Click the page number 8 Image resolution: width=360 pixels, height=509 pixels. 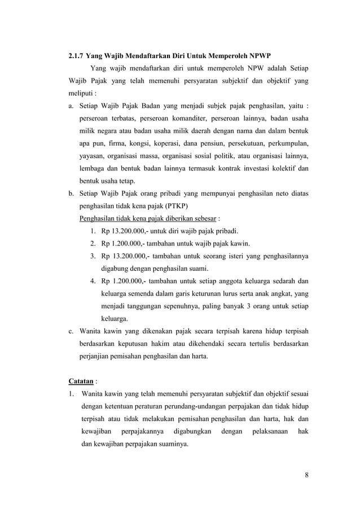306,473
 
